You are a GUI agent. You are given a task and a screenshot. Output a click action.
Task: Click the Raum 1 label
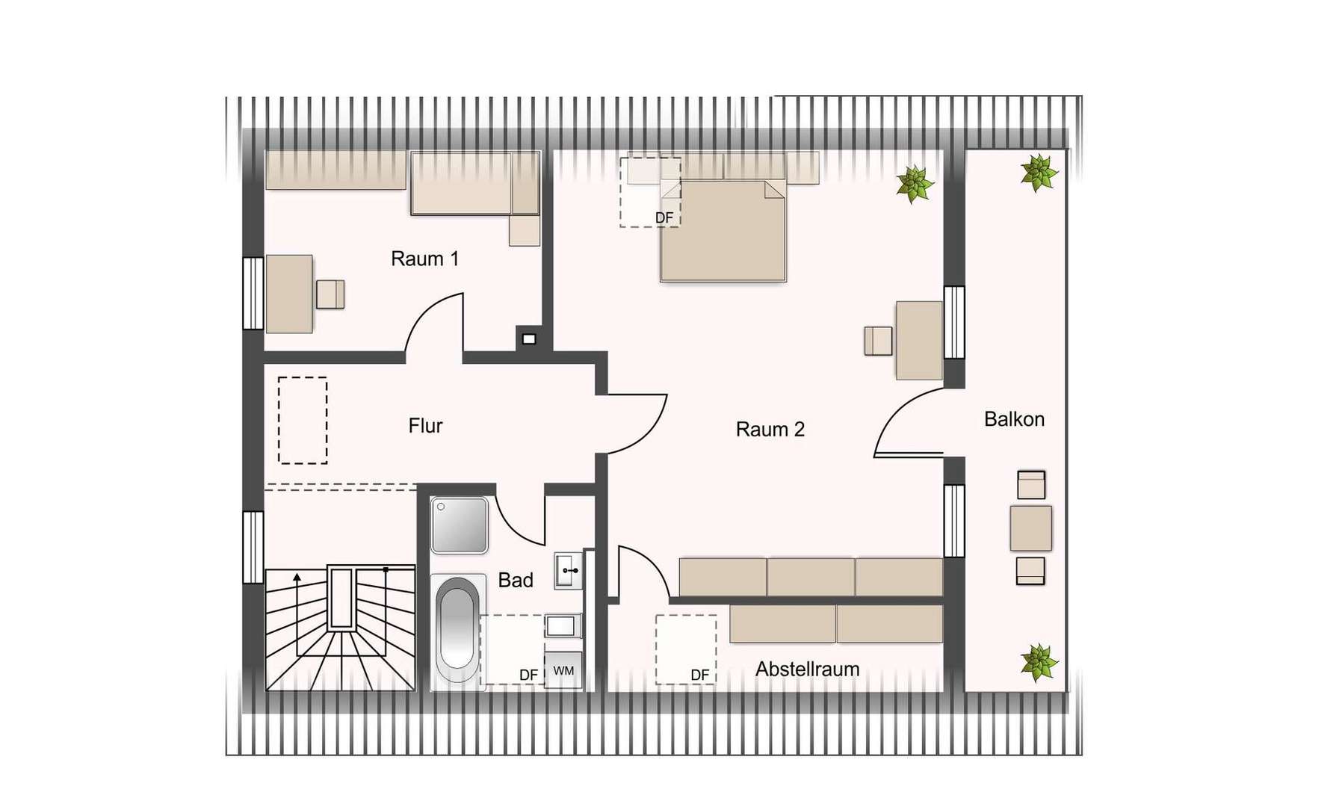click(x=424, y=259)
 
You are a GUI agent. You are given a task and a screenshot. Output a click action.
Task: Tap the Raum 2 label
click(x=770, y=430)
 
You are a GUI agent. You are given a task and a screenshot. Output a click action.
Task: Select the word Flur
click(x=425, y=426)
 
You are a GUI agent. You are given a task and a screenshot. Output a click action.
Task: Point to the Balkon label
click(x=1014, y=419)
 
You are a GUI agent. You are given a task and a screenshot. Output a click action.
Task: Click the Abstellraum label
click(x=807, y=669)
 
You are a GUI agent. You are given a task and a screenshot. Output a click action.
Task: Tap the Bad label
click(x=516, y=580)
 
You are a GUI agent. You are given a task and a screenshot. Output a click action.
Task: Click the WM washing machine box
click(x=563, y=670)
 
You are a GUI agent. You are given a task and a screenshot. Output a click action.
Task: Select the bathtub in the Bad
click(x=458, y=628)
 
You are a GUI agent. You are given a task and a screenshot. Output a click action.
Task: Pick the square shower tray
click(x=460, y=525)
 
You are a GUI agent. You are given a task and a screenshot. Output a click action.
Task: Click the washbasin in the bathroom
click(x=568, y=571)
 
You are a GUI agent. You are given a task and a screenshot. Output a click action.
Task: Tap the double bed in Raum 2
click(x=723, y=230)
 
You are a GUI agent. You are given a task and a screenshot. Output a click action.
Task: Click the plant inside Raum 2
click(x=915, y=184)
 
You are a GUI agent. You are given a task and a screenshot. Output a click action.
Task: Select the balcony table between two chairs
click(x=1030, y=528)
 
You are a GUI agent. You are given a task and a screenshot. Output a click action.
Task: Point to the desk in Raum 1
click(x=289, y=294)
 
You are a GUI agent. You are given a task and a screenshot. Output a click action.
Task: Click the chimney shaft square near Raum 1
click(x=529, y=339)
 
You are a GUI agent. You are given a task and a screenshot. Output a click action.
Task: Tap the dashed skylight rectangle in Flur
click(x=303, y=421)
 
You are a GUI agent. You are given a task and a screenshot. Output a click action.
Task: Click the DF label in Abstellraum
click(x=699, y=675)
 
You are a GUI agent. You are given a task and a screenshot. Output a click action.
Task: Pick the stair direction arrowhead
click(x=297, y=577)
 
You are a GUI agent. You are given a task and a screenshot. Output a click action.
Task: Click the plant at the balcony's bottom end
click(x=1039, y=662)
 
